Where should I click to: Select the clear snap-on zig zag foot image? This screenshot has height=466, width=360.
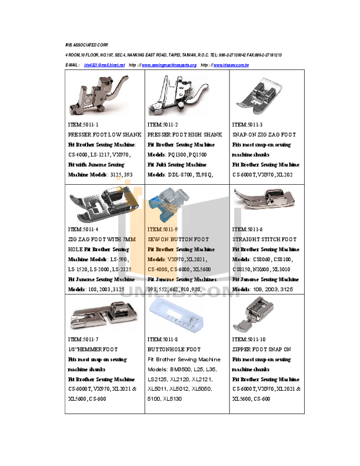click(x=258, y=95)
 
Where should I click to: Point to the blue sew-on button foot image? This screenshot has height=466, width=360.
click(x=168, y=204)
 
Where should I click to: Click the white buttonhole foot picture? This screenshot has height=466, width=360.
click(x=175, y=315)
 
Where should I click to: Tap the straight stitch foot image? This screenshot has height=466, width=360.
click(x=264, y=199)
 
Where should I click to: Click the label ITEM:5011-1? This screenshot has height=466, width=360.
click(x=84, y=125)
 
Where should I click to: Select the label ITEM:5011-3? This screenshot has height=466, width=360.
click(x=247, y=125)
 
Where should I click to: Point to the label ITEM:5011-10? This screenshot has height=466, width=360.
click(x=249, y=339)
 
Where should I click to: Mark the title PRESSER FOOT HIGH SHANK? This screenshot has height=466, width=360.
click(x=185, y=135)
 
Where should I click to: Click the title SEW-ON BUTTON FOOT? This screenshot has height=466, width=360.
click(x=178, y=239)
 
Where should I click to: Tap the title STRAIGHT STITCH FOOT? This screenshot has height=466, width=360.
click(x=264, y=239)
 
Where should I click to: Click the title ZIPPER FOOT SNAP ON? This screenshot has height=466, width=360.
click(x=262, y=349)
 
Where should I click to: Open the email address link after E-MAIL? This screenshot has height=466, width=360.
click(x=104, y=64)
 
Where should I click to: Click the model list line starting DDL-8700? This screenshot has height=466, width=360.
click(x=179, y=175)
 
